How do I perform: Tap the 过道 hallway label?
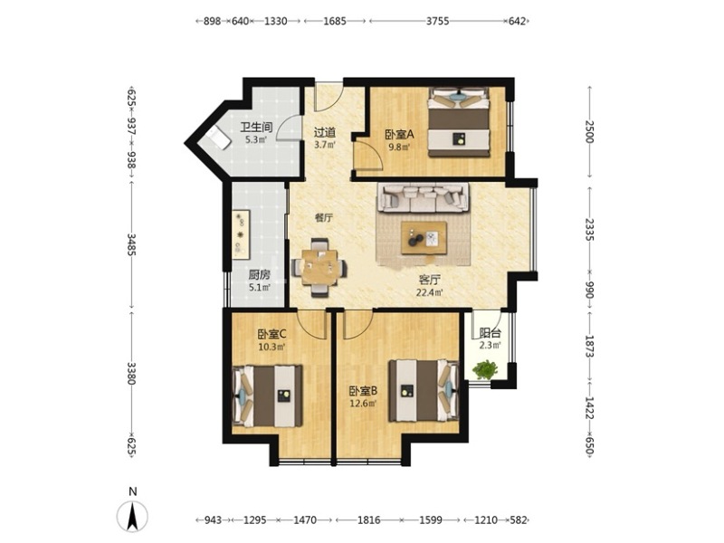tap(325, 132)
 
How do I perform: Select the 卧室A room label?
tap(400, 135)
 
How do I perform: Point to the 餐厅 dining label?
tap(324, 218)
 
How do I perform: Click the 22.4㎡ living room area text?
tap(429, 292)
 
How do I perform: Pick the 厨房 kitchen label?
tap(259, 275)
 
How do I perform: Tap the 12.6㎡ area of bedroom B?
tap(363, 403)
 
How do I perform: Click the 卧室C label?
tap(272, 333)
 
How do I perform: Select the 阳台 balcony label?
tap(490, 333)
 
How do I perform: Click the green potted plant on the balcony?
tap(485, 370)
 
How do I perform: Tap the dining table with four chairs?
tap(319, 267)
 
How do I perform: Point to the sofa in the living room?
tap(424, 197)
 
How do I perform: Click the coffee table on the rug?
tap(424, 238)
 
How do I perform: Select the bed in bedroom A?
tap(459, 122)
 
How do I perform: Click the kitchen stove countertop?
tap(241, 233)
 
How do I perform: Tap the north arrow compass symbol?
tap(132, 515)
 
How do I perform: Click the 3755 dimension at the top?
tap(437, 21)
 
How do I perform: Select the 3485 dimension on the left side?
tap(131, 244)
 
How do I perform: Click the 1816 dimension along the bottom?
tap(369, 520)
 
